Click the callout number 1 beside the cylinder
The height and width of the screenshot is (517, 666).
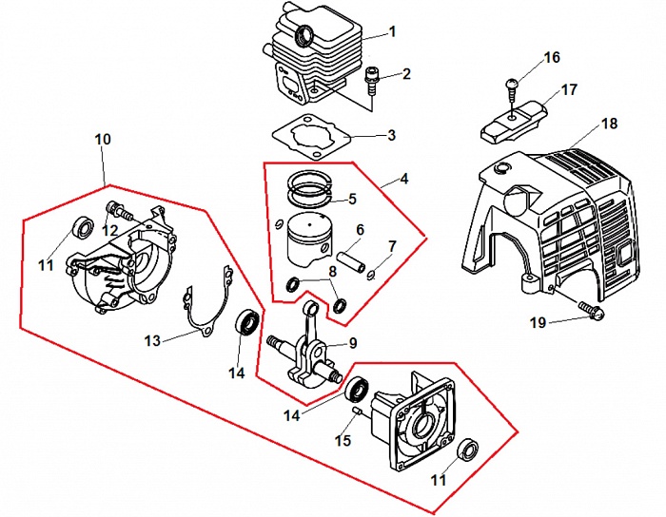tap(392, 31)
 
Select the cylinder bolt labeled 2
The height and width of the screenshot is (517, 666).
tap(371, 81)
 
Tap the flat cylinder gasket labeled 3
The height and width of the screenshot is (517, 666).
tap(312, 137)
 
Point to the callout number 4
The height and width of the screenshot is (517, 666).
tap(404, 179)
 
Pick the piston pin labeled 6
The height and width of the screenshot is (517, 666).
tap(351, 263)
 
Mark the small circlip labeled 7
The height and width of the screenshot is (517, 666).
tap(371, 275)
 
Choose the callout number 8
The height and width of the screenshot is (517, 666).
tap(332, 272)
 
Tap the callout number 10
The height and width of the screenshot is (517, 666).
tap(103, 139)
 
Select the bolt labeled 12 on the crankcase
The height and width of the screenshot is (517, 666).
tap(119, 209)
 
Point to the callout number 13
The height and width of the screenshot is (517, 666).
tap(152, 340)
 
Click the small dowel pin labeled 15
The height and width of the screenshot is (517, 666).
tap(357, 410)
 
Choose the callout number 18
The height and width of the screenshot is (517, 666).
tap(609, 124)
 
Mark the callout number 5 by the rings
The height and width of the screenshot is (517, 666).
tap(352, 199)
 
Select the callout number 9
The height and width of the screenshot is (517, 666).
tap(353, 343)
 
